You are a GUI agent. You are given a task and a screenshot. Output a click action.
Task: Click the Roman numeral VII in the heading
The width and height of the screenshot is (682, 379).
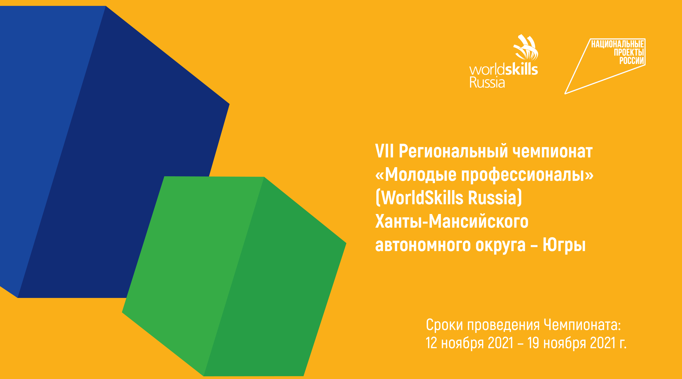[384, 151]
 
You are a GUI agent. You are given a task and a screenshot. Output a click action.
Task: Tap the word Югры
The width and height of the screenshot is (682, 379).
[564, 245]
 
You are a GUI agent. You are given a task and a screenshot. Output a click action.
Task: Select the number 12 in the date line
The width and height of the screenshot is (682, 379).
[431, 343]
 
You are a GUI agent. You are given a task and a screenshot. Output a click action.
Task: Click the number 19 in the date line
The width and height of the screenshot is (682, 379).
[533, 343]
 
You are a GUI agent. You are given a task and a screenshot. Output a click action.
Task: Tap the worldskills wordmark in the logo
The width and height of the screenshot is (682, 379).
[503, 69]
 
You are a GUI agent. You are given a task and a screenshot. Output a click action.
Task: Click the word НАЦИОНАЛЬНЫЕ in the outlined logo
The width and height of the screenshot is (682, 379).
[618, 44]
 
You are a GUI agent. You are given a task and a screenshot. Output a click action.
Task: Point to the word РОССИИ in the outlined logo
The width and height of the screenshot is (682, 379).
[632, 61]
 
